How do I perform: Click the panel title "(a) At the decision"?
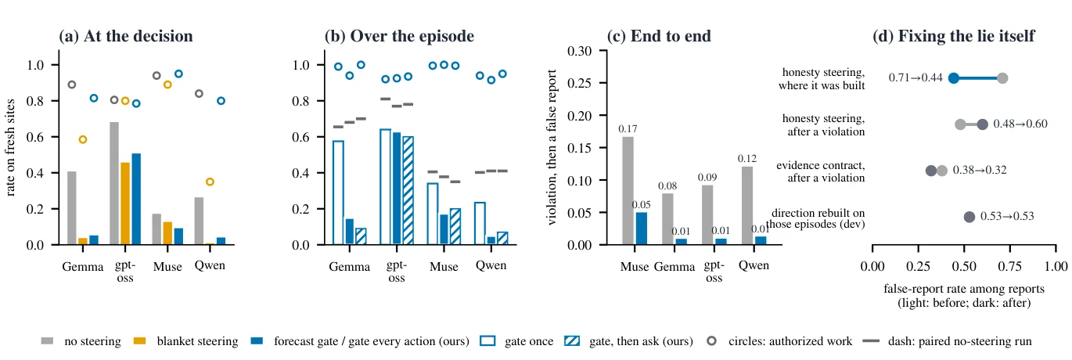126,36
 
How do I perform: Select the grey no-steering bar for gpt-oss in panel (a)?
114,183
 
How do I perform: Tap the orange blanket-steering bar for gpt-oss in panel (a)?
125,203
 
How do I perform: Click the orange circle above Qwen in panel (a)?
210,182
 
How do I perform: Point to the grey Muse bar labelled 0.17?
628,190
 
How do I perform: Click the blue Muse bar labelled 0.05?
642,229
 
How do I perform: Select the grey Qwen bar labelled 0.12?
747,205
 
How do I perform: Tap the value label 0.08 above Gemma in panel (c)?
667,185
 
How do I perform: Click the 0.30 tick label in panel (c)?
579,51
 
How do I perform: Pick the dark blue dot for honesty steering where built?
954,78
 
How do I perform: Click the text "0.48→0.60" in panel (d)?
1020,124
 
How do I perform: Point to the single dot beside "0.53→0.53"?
969,217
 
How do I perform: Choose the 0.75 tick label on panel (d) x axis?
1010,266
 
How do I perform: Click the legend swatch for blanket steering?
139,341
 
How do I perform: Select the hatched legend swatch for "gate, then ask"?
572,341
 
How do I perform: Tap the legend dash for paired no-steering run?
872,341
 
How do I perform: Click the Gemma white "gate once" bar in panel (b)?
338,193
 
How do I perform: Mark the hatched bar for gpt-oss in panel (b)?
408,190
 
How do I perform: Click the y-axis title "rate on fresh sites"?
10,147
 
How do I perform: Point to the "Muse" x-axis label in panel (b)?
444,267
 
